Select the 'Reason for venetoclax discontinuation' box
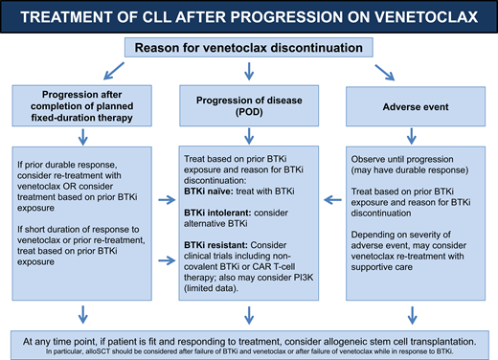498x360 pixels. click(248, 49)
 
